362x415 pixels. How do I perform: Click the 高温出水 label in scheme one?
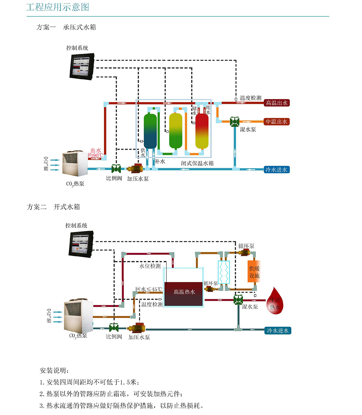[x=277, y=103]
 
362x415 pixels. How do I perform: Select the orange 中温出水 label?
[x=277, y=122]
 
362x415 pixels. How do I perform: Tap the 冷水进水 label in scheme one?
[x=277, y=169]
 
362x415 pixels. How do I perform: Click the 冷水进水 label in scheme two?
[x=278, y=330]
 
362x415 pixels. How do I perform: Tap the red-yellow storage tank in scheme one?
[x=202, y=131]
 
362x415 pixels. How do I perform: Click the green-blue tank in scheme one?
[x=150, y=131]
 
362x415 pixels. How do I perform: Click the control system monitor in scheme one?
[x=82, y=65]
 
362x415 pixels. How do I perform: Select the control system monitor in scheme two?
[x=81, y=244]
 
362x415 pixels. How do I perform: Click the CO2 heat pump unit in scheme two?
[x=78, y=315]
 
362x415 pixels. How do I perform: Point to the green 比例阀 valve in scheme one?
[x=116, y=169]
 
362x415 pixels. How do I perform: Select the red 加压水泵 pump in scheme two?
[x=137, y=329]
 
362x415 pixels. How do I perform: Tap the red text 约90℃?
[x=96, y=156]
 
